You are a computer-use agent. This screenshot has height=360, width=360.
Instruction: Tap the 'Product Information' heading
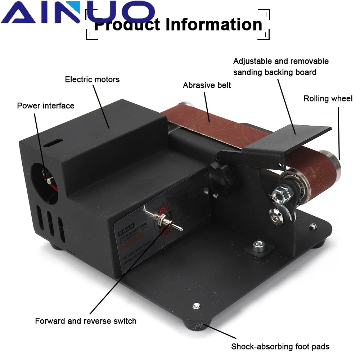pyautogui.click(x=178, y=24)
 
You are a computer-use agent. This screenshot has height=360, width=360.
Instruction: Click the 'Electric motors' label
pyautogui.click(x=92, y=79)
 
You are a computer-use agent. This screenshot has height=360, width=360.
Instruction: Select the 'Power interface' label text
pyautogui.click(x=46, y=105)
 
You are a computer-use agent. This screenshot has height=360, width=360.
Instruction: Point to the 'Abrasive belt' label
pyautogui.click(x=207, y=85)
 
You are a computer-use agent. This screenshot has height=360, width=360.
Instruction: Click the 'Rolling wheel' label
pyautogui.click(x=328, y=98)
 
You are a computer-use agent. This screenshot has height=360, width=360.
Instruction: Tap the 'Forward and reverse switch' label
pyautogui.click(x=86, y=321)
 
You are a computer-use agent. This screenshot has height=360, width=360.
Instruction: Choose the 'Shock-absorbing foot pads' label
pyautogui.click(x=280, y=347)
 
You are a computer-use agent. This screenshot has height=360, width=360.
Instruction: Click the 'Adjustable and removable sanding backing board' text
pyautogui.click(x=281, y=67)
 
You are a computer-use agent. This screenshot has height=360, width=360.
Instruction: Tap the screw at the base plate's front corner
pyautogui.click(x=196, y=306)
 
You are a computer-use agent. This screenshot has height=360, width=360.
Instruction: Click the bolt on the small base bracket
pyautogui.click(x=257, y=246)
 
